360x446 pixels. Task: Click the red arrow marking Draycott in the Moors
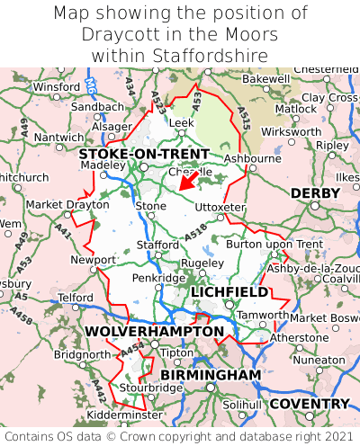point(186,181)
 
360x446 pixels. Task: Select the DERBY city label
point(315,193)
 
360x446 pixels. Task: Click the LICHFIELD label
point(229,292)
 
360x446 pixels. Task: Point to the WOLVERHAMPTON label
point(154,332)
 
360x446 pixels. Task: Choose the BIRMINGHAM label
point(211,374)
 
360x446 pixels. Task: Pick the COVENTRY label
point(310,404)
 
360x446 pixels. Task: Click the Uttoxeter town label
point(220,207)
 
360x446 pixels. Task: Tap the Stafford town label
point(157,245)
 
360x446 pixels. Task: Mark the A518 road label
point(195,233)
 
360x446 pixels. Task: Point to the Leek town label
point(182,122)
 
